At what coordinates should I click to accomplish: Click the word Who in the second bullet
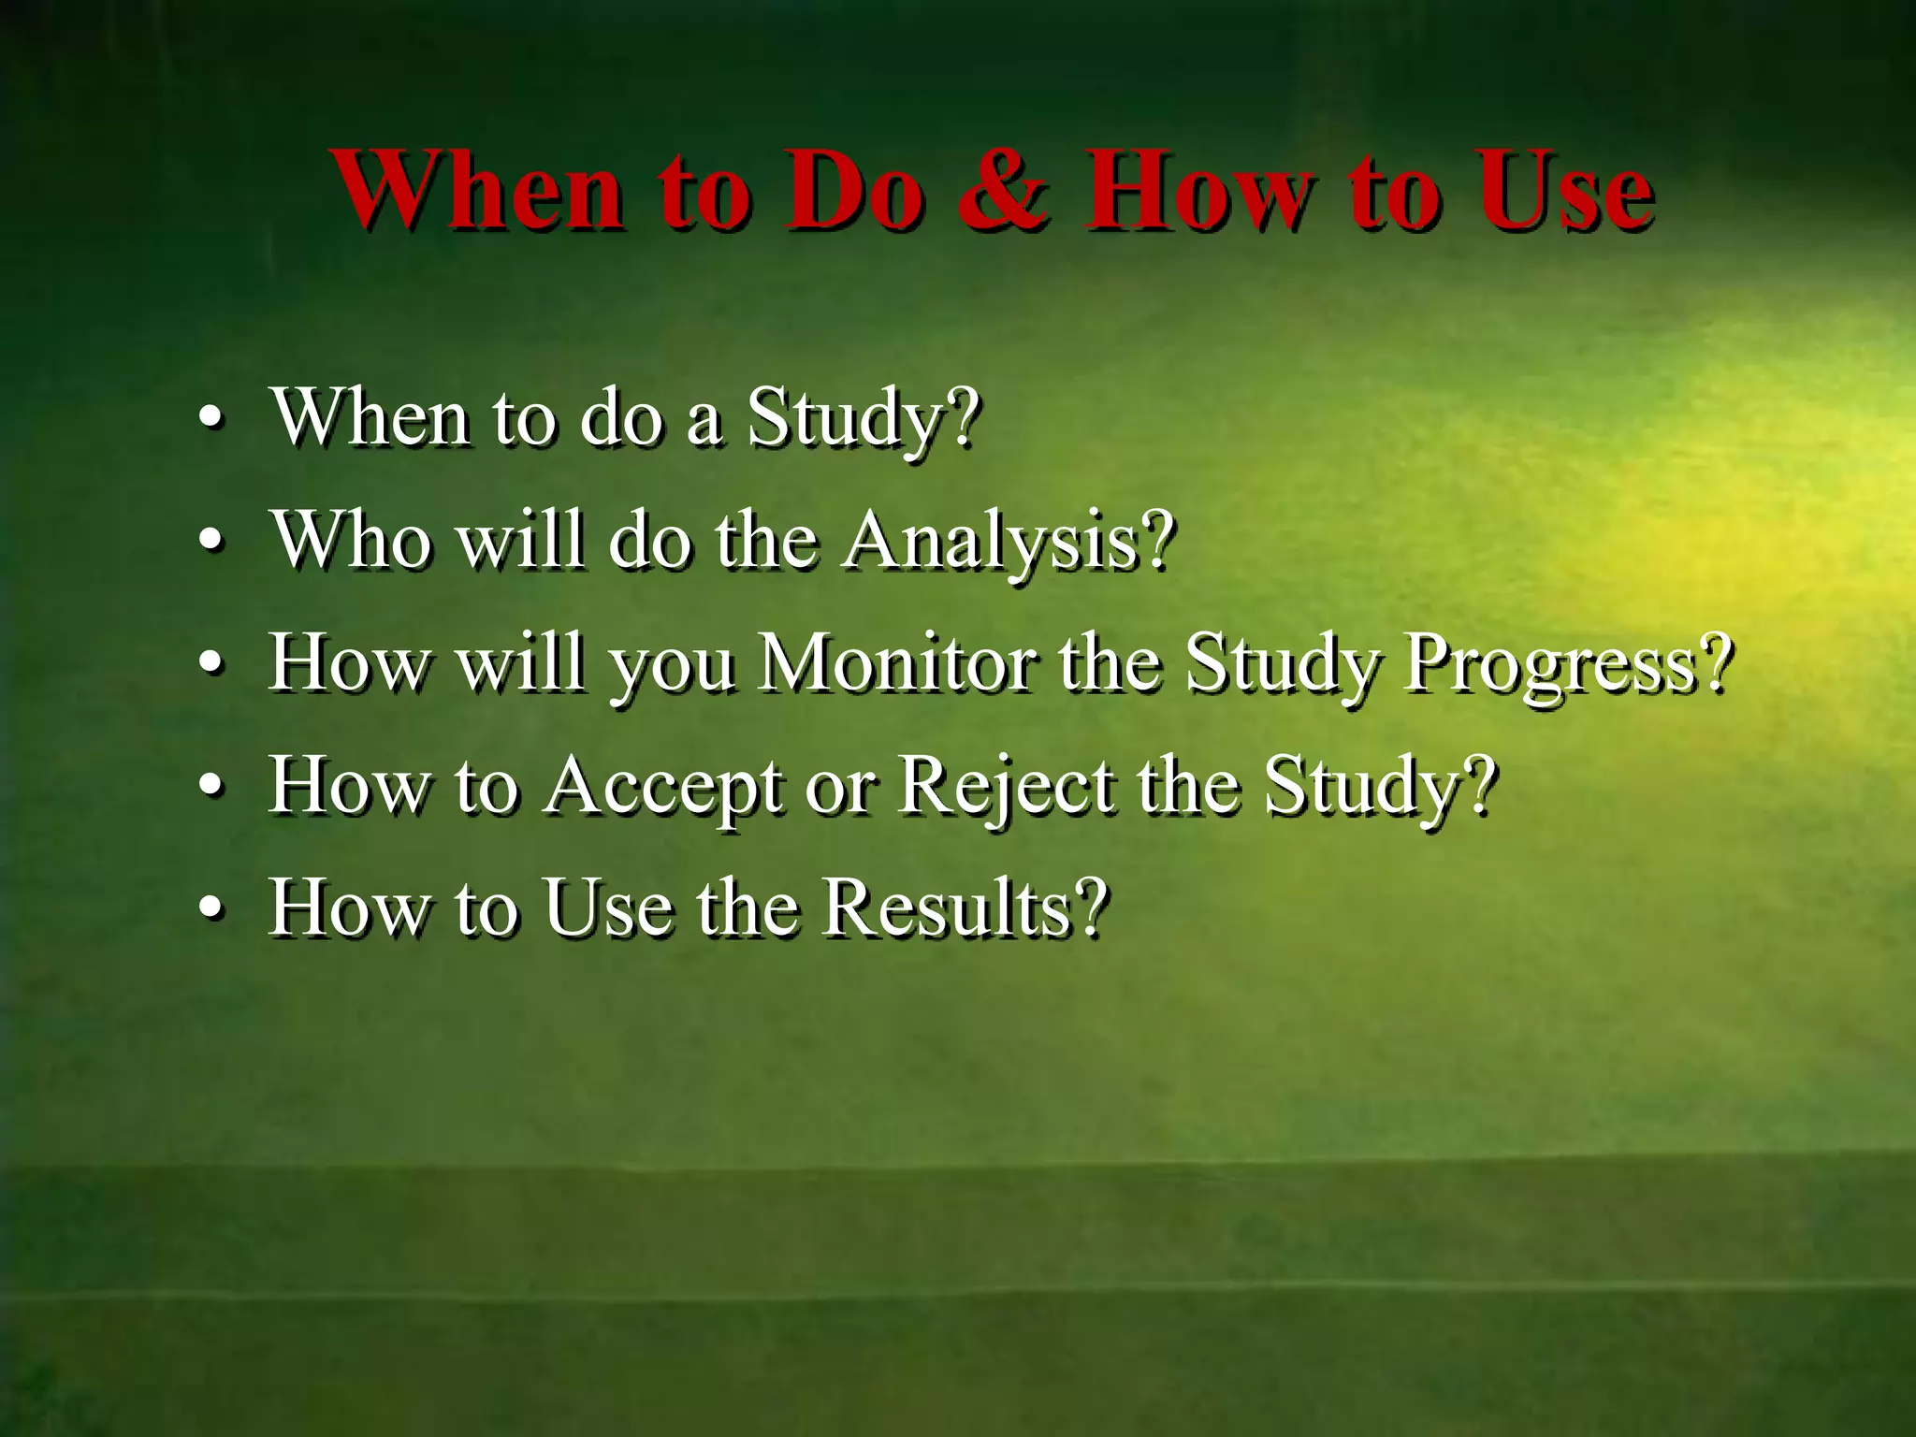pos(352,541)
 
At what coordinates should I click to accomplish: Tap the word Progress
pos(1553,666)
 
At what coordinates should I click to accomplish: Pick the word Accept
pos(664,788)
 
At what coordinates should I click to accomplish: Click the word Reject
pos(1007,788)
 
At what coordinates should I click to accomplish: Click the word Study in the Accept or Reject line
pos(1362,788)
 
